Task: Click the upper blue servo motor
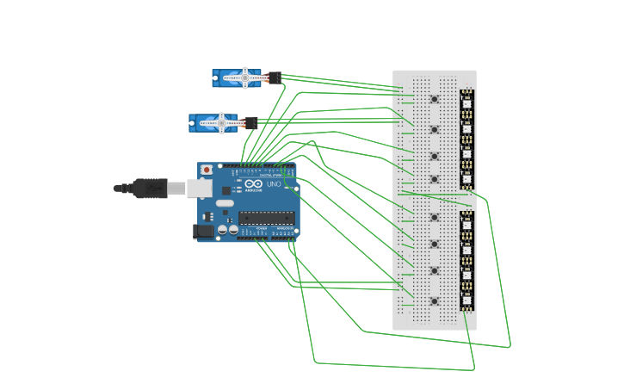(238, 77)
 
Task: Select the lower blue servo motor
(214, 123)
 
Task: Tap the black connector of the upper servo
(274, 77)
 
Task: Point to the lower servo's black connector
(250, 123)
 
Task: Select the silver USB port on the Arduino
(200, 189)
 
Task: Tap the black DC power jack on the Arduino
(205, 231)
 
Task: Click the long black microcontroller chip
(267, 218)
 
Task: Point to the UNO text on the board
(274, 184)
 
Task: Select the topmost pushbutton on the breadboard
(434, 100)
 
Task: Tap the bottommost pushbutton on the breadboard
(434, 301)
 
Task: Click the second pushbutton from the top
(434, 130)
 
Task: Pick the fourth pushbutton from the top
(434, 180)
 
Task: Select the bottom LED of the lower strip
(466, 300)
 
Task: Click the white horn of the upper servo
(244, 77)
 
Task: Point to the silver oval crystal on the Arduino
(225, 203)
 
